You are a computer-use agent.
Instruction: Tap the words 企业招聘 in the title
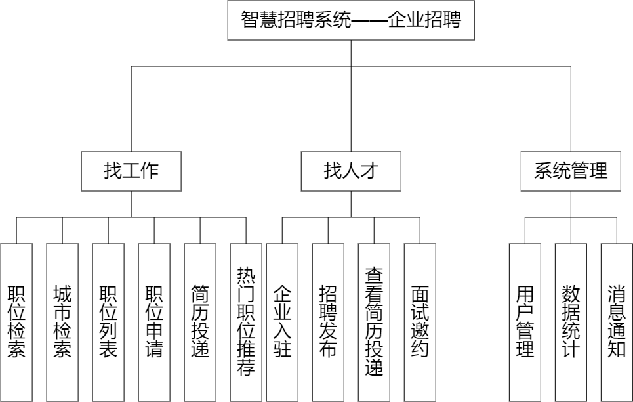click(x=424, y=20)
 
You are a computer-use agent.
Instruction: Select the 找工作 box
click(x=131, y=171)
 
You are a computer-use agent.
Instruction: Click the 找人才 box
click(x=351, y=171)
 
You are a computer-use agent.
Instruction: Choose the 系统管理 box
click(x=571, y=171)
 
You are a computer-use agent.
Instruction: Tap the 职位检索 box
click(x=16, y=322)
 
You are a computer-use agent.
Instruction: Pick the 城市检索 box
click(x=62, y=322)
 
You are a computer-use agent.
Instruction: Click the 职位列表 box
click(x=108, y=322)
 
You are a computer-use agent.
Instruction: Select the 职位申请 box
click(x=154, y=322)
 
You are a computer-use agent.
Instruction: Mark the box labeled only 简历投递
click(x=200, y=322)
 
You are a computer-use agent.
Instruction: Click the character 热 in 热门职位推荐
click(x=246, y=275)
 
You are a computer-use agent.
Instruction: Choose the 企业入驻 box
click(x=282, y=322)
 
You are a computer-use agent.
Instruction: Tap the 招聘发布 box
click(x=328, y=322)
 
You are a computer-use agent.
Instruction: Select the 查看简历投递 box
click(x=374, y=322)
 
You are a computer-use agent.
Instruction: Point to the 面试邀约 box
click(x=420, y=322)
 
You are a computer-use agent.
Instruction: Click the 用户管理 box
click(x=525, y=322)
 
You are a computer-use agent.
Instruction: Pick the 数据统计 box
click(x=571, y=322)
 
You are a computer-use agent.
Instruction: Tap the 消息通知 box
click(x=617, y=322)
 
